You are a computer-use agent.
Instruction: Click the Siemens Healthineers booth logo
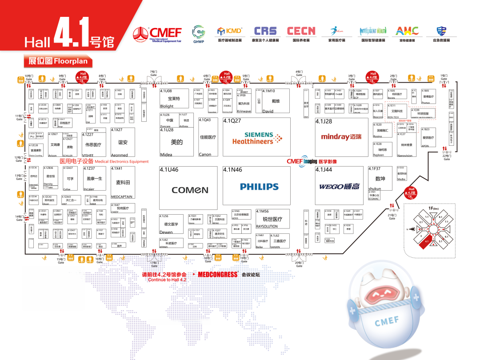coord(257,138)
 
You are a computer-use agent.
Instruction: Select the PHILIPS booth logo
coord(259,187)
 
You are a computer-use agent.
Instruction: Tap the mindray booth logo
coord(341,137)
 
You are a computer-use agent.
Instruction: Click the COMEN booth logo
coord(190,190)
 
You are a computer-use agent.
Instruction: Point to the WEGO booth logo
coord(339,187)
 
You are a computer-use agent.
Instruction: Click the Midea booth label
coord(166,155)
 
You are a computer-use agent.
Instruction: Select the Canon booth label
coord(205,155)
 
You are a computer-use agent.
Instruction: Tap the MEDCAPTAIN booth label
coord(122,196)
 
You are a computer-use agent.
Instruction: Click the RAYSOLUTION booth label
coord(267,227)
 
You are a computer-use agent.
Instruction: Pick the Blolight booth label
coord(167,106)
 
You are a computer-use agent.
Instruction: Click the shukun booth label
coord(375,188)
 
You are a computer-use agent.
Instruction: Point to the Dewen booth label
coord(166,232)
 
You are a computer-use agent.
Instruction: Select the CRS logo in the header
coord(265,31)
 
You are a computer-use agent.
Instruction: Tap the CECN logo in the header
coord(301,31)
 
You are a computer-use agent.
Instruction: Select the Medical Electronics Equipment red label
coord(104,161)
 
